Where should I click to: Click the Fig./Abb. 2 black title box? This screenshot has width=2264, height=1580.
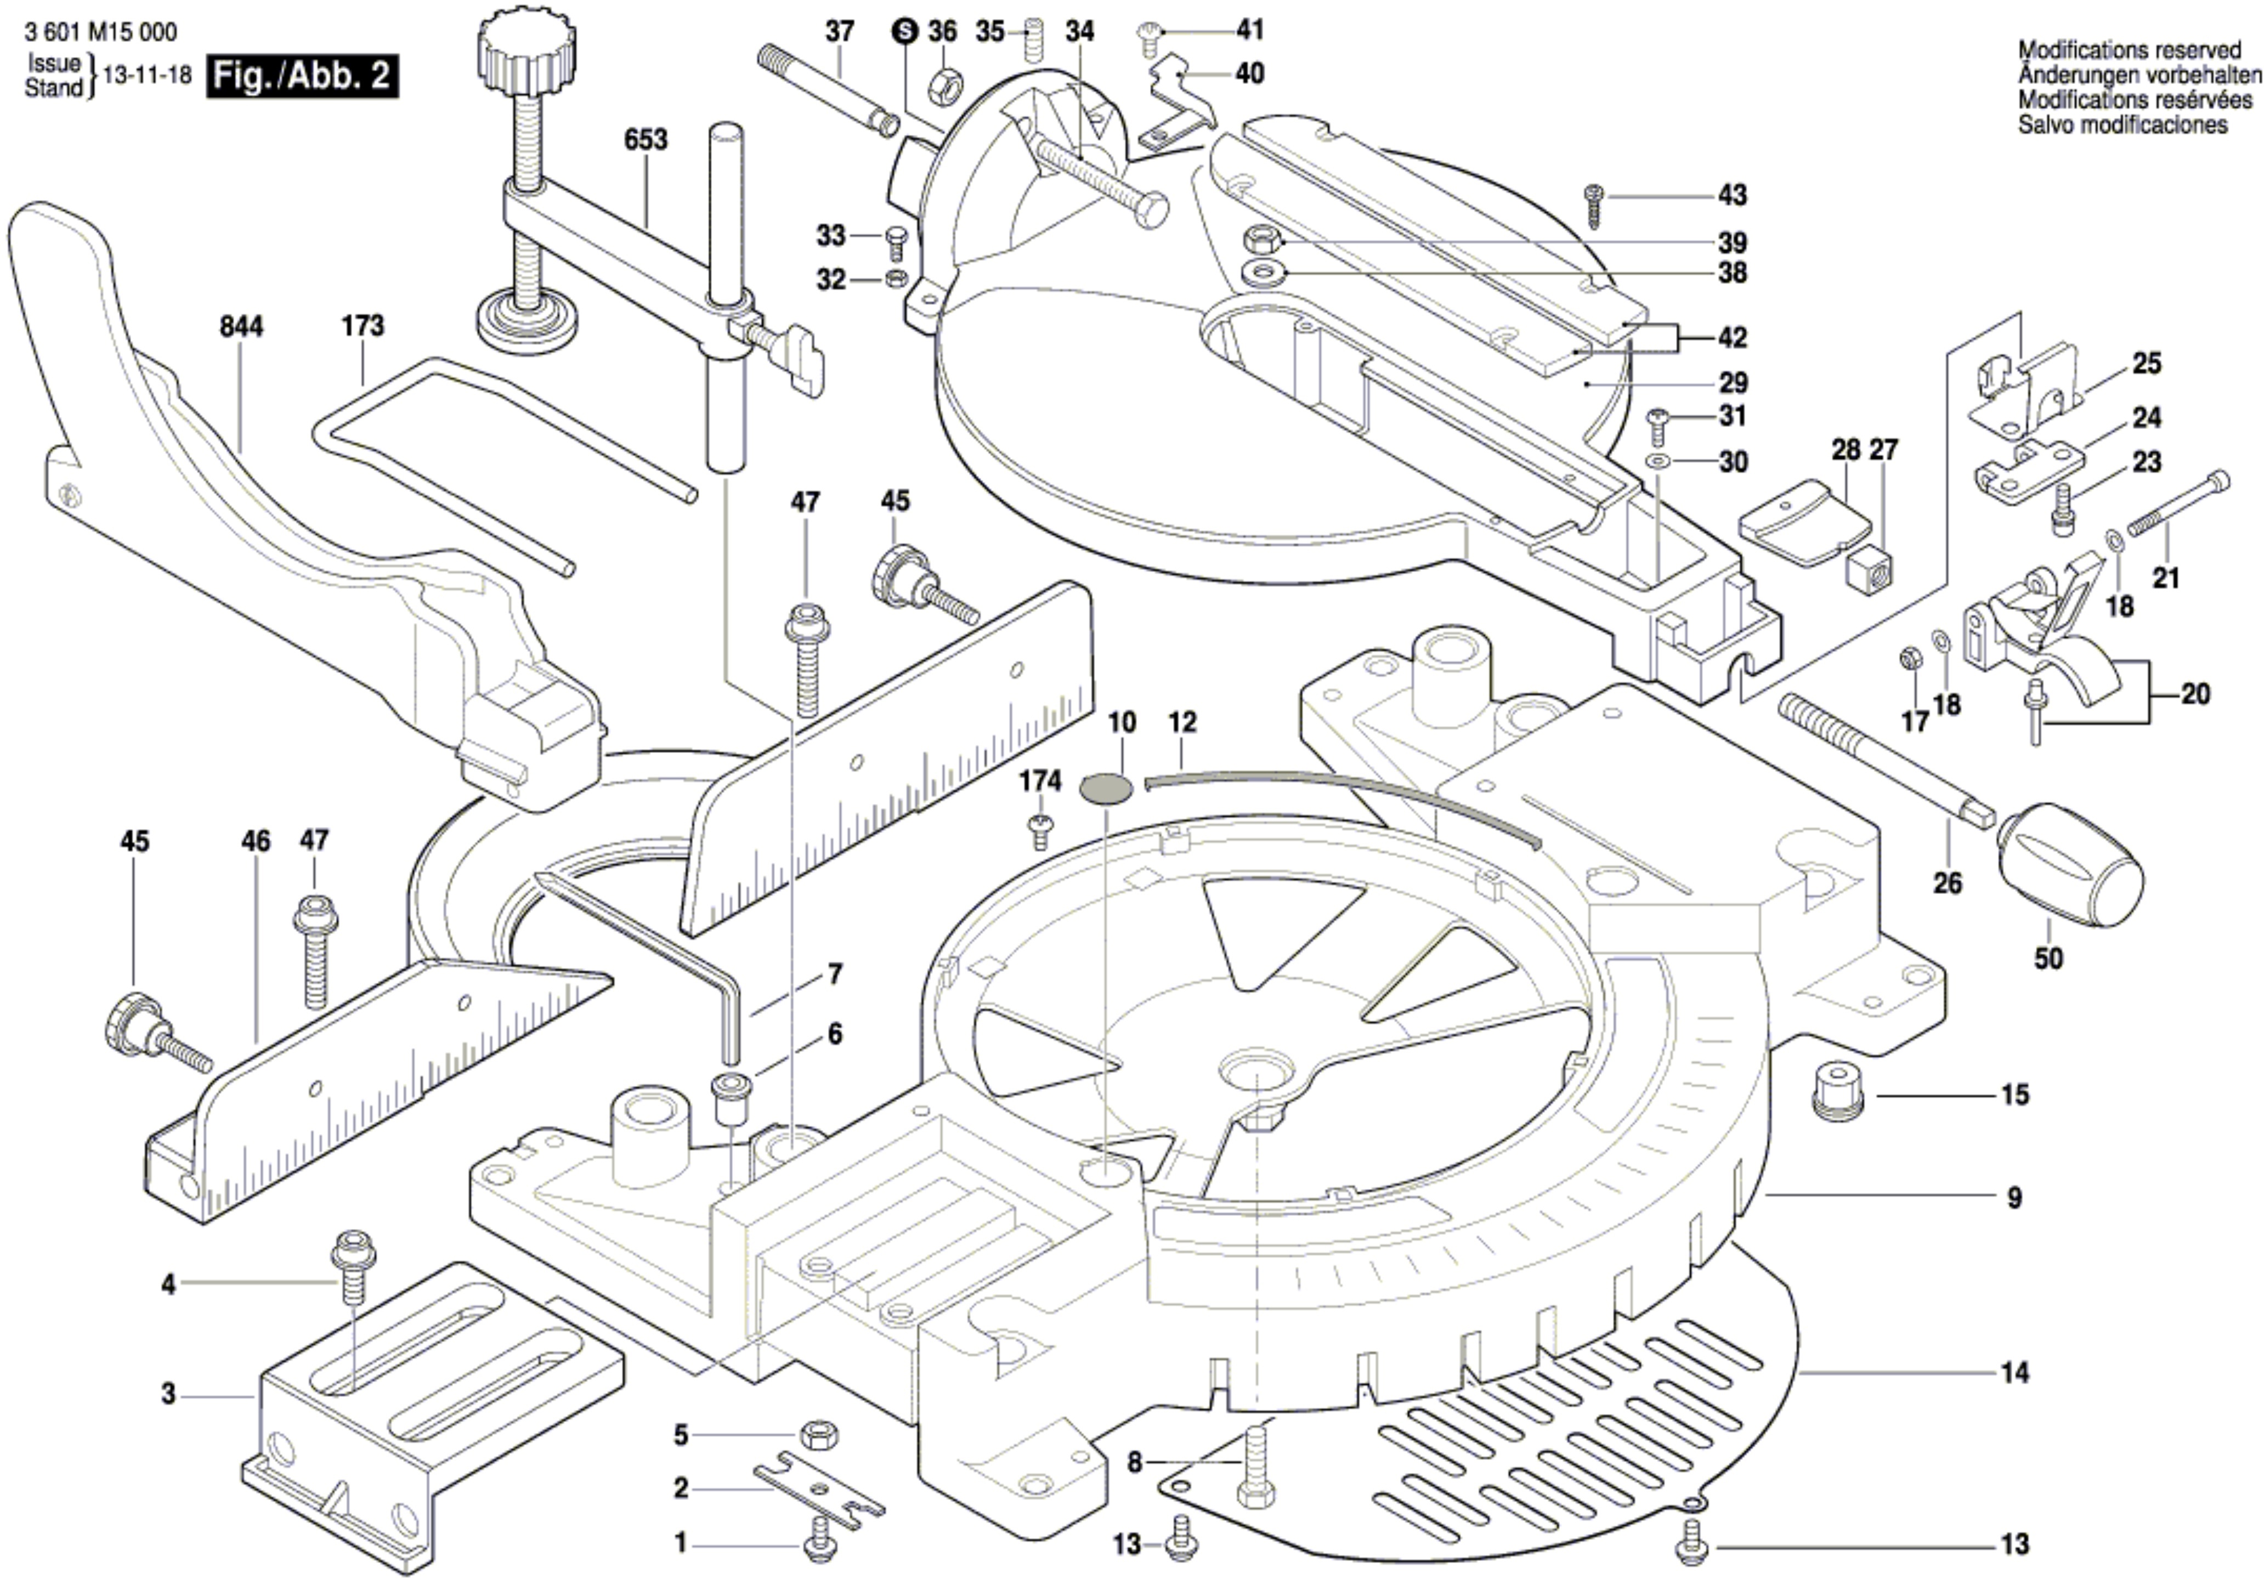coord(302,76)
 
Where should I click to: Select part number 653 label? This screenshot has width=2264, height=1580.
coord(646,140)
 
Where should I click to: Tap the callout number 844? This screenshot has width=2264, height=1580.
coord(241,326)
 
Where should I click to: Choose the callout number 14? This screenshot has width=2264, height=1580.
coord(2014,1372)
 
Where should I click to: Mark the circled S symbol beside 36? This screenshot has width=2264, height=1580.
coord(904,32)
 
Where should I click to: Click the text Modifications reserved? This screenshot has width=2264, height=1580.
coord(2128,49)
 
